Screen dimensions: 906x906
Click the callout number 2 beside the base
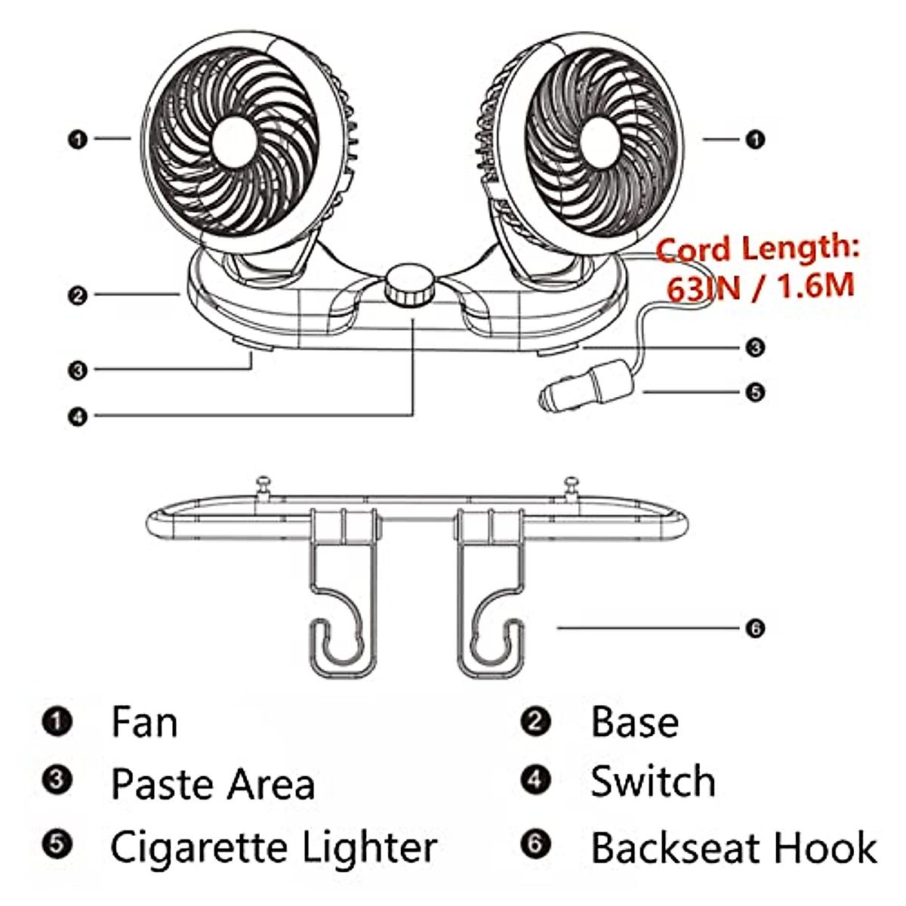pos(78,295)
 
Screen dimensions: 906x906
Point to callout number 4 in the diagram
pos(78,416)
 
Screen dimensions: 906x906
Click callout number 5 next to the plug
pos(754,392)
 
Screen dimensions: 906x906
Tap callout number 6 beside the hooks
pos(754,627)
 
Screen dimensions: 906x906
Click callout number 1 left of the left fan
pos(78,140)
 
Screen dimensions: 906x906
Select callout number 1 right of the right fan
pos(754,140)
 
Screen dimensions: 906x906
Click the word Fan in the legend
pos(144,722)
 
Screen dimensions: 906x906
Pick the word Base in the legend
pos(634,722)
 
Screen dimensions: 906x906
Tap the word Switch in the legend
pos(653,781)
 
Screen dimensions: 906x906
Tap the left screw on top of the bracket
pos(263,484)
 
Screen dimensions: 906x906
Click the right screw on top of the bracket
pos(572,484)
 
